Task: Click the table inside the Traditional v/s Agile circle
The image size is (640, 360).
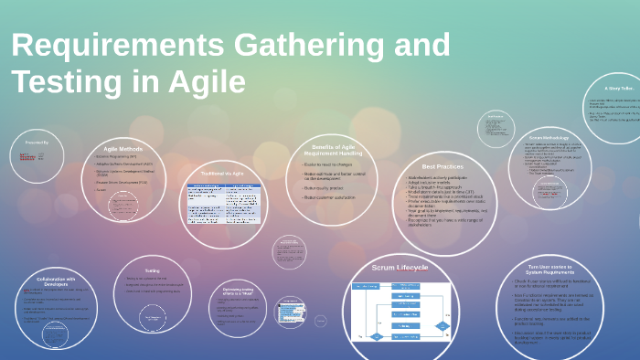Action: click(224, 204)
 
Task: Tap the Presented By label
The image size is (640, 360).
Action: click(37, 143)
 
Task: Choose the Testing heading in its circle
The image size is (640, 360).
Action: click(153, 270)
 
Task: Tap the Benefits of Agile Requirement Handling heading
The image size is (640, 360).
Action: click(333, 149)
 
